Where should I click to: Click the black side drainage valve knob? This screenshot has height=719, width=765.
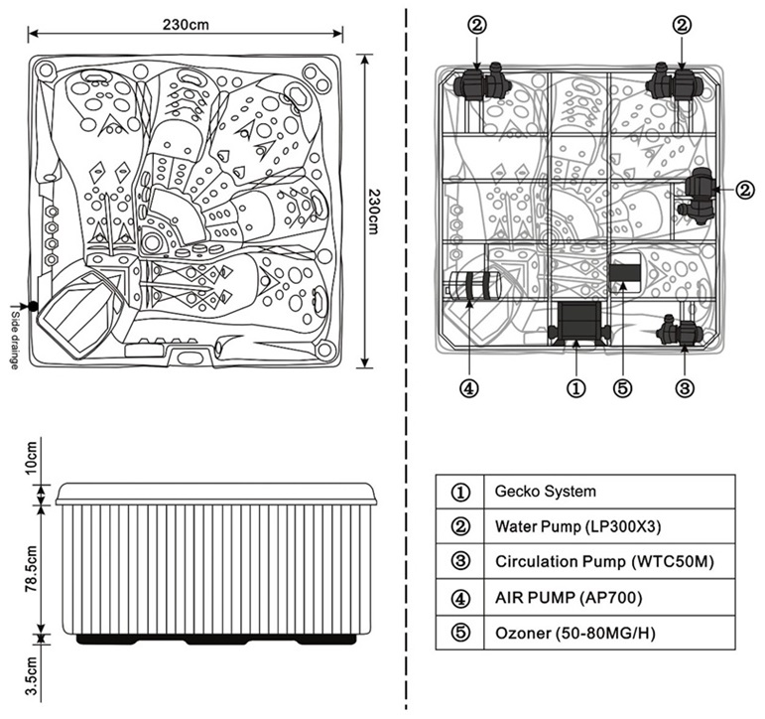[33, 305]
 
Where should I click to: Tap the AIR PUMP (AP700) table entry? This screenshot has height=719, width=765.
[569, 597]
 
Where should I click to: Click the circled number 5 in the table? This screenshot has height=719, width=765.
[459, 633]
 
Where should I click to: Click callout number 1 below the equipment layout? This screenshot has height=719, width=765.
[575, 388]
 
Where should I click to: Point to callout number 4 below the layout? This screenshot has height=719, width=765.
[470, 388]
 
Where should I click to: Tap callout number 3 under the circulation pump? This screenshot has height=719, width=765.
[684, 388]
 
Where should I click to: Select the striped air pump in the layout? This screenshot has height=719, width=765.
[472, 287]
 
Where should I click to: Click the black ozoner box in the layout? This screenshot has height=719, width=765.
[624, 271]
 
